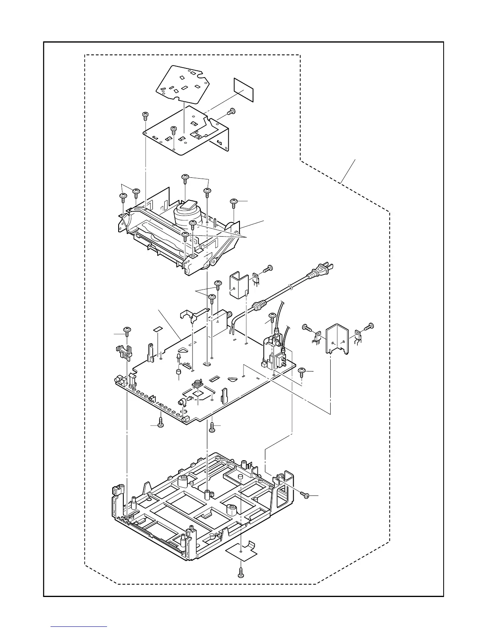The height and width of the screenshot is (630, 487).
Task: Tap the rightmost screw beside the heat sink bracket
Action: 370,326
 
